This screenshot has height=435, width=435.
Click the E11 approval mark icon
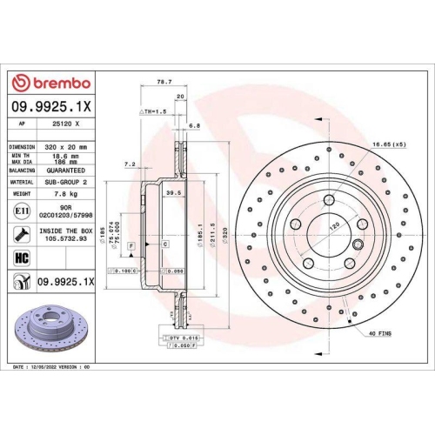tap(21, 211)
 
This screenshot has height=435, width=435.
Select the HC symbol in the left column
tap(22, 257)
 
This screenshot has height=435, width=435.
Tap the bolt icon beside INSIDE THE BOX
tap(21, 232)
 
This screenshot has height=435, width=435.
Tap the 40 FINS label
tap(379, 333)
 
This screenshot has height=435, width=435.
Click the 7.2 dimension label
tap(130, 164)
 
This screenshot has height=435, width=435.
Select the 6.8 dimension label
tap(194, 125)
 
